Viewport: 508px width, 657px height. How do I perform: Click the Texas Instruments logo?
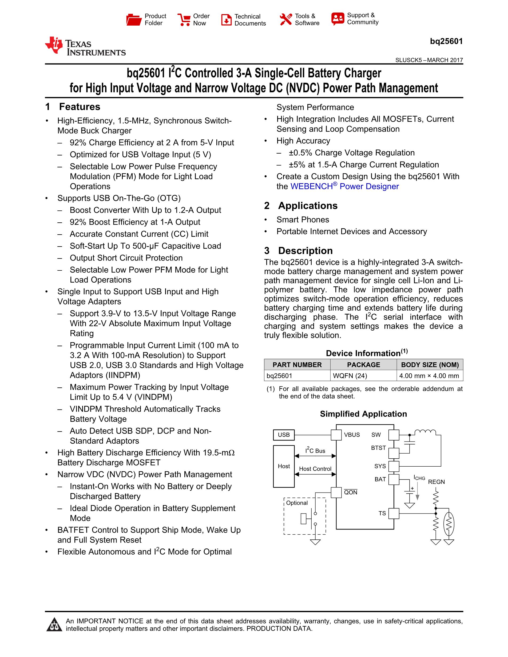[x=85, y=47]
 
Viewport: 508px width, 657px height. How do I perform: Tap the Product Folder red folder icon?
[x=134, y=20]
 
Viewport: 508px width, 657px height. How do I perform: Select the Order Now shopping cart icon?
[x=184, y=20]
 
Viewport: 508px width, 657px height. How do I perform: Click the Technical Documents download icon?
[x=226, y=20]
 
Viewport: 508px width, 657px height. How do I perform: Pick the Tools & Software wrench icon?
[x=285, y=19]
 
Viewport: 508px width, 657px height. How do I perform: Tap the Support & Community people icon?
[x=338, y=19]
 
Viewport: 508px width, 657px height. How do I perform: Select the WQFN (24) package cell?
[x=350, y=376]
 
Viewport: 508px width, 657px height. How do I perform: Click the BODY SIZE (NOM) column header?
[x=430, y=365]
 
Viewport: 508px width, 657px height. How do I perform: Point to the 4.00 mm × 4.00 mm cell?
[x=429, y=376]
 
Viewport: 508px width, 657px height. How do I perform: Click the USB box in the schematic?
[x=284, y=435]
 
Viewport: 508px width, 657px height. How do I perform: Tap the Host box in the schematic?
[x=284, y=466]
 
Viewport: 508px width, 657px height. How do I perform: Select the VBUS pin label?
[x=352, y=435]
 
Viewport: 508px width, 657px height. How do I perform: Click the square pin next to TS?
[x=394, y=514]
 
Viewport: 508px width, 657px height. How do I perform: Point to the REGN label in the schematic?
[x=436, y=482]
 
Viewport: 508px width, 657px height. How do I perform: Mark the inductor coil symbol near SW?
[x=425, y=432]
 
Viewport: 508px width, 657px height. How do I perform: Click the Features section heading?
[x=80, y=107]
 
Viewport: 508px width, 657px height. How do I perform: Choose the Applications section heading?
[x=308, y=206]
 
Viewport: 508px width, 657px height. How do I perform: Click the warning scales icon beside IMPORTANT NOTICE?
[x=54, y=624]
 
